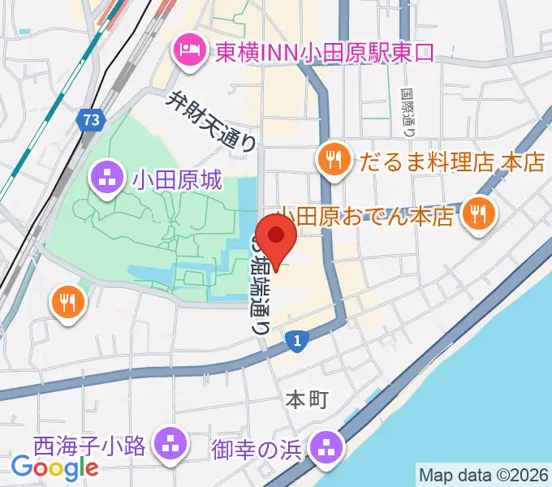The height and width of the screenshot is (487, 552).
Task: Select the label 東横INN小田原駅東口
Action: (x=324, y=53)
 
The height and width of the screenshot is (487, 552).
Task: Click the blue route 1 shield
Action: (x=298, y=342)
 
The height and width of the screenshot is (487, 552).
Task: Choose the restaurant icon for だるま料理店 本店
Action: (x=333, y=157)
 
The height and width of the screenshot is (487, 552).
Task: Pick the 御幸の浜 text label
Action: (x=256, y=447)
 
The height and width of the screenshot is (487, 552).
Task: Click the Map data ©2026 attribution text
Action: (x=482, y=475)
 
